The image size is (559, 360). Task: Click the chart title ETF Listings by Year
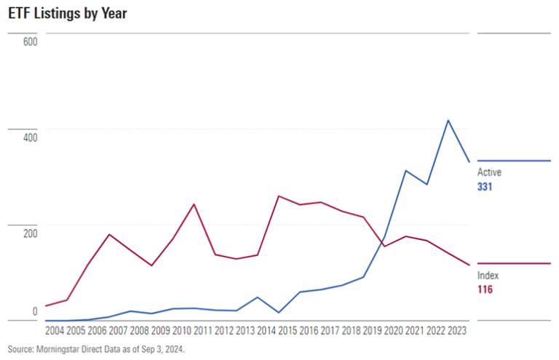coord(68,14)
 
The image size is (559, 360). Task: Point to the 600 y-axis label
coord(30,41)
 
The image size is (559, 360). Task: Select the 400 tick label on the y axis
coord(30,137)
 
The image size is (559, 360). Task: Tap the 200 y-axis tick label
coord(30,233)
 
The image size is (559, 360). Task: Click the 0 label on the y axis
coord(34,311)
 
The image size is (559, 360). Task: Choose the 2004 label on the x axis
coord(55,329)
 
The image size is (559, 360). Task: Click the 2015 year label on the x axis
coord(288,329)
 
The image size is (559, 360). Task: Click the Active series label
coord(489,172)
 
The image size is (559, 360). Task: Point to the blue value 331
coord(486,187)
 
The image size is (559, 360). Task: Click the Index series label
coord(488,276)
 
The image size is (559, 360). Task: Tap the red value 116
coord(485,290)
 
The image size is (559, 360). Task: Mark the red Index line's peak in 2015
coord(279,196)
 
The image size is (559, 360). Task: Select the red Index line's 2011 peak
coord(194,204)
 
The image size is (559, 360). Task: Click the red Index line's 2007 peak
coord(109,234)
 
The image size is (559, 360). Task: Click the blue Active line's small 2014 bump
coord(258,297)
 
